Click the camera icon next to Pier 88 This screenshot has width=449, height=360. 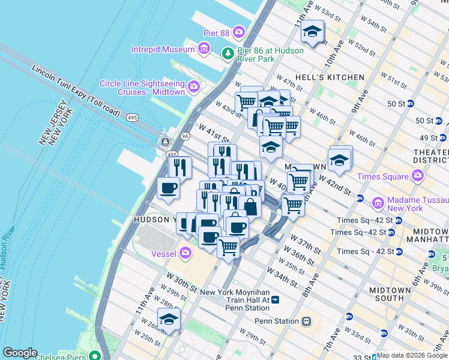(x=239, y=31)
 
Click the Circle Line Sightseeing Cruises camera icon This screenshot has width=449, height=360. (x=194, y=88)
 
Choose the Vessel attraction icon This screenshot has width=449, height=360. (x=185, y=253)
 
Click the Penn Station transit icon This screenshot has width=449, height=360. (x=307, y=321)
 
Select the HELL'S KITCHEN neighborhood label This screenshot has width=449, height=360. (x=329, y=77)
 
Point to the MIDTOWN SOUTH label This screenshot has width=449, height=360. (x=390, y=294)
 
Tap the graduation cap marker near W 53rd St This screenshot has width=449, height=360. (x=312, y=32)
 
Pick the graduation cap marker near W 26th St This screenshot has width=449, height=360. (x=169, y=319)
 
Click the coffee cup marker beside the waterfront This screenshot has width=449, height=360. (x=168, y=188)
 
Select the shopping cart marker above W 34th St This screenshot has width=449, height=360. (x=228, y=247)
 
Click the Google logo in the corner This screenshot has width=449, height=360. (x=20, y=353)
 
